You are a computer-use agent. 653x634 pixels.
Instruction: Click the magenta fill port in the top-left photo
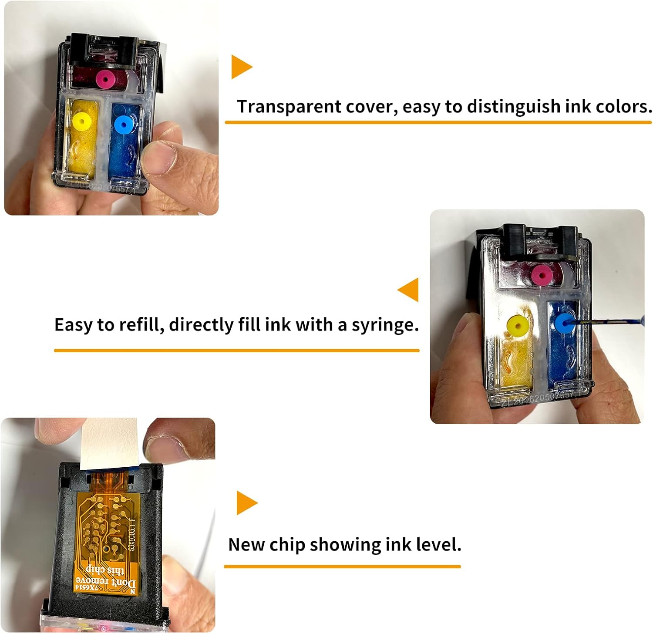(105, 79)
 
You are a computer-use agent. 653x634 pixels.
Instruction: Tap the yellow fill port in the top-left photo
(81, 121)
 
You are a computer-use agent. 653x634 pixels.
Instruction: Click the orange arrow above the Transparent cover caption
(241, 67)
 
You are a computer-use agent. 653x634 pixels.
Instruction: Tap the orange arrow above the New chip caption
(246, 503)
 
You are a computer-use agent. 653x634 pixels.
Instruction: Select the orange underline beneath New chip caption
(342, 567)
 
